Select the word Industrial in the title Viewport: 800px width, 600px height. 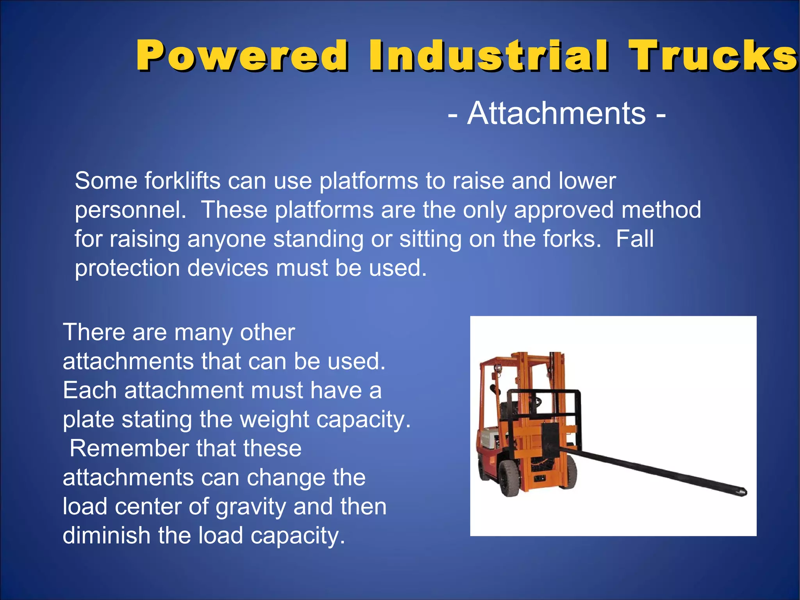488,56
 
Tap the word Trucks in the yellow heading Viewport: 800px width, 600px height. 713,56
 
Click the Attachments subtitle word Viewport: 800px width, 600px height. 556,113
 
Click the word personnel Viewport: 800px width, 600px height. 130,210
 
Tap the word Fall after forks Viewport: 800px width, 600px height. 634,239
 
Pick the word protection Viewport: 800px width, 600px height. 127,268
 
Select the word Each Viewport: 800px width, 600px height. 89,390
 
